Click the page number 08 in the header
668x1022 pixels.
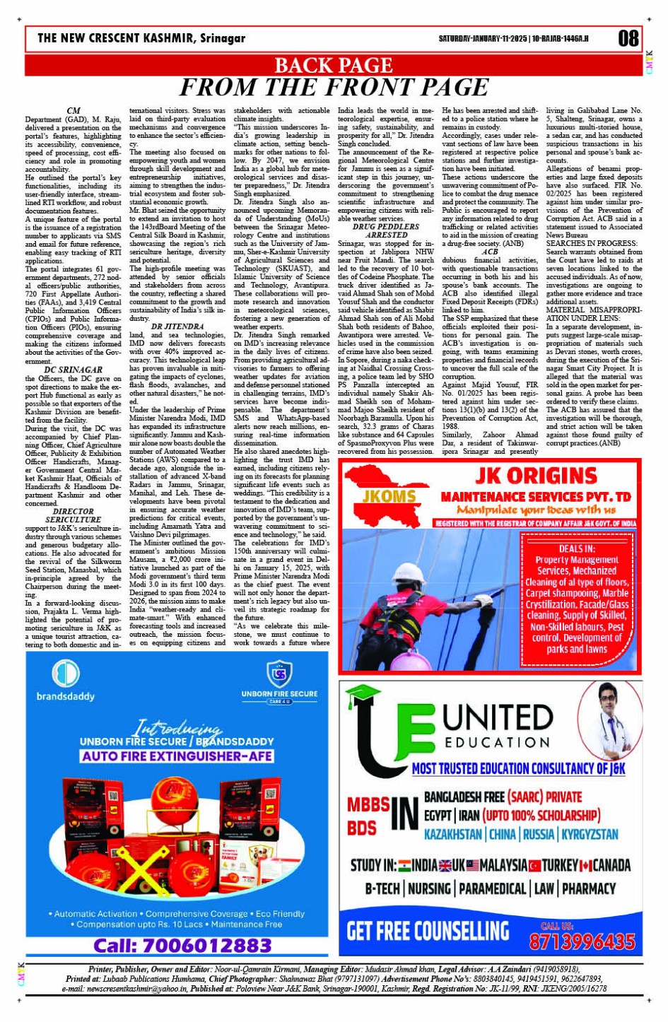pyautogui.click(x=628, y=38)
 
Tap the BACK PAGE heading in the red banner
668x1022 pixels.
pyautogui.click(x=333, y=65)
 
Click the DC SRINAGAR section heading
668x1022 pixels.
pyautogui.click(x=73, y=370)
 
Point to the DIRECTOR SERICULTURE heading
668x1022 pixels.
pyautogui.click(x=73, y=515)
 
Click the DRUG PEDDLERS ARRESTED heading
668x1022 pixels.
pyautogui.click(x=385, y=231)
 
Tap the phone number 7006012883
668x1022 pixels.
pyautogui.click(x=182, y=945)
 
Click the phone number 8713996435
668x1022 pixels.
pyautogui.click(x=582, y=941)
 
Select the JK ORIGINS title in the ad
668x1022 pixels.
pyautogui.click(x=536, y=475)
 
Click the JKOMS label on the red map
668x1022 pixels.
pyautogui.click(x=389, y=497)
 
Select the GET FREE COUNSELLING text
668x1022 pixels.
pyautogui.click(x=428, y=931)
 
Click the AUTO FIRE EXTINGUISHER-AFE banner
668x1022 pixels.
pyautogui.click(x=177, y=756)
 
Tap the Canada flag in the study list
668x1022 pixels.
pyautogui.click(x=585, y=866)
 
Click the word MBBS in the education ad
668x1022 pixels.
pyautogui.click(x=368, y=804)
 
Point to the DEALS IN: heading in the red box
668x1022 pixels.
pyautogui.click(x=576, y=548)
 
